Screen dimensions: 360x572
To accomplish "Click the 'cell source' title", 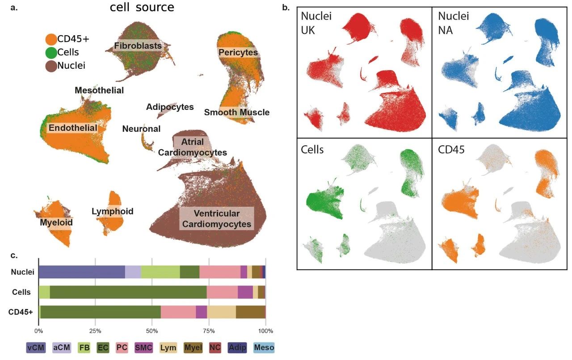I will (142, 8).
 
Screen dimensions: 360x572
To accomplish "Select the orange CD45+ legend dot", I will (51, 39).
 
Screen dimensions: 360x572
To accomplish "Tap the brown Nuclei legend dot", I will (51, 66).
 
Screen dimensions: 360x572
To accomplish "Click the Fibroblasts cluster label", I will (137, 46).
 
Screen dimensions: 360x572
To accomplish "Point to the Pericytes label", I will (238, 53).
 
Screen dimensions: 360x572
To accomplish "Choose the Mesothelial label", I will (99, 90).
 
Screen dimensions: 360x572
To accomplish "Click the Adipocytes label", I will (170, 107).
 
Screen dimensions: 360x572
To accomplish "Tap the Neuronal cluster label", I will (141, 129).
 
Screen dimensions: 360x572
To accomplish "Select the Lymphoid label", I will (112, 211).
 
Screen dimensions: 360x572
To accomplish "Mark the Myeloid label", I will (56, 222).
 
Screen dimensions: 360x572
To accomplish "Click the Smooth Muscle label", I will (237, 112).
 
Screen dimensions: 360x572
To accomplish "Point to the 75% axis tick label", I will (209, 331).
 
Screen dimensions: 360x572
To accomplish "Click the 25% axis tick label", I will (95, 331).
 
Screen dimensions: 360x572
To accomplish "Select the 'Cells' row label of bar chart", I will (21, 292).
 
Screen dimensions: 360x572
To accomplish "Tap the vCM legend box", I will (36, 347).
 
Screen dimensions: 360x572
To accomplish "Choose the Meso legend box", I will (264, 347).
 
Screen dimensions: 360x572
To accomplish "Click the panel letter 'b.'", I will (286, 8).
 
